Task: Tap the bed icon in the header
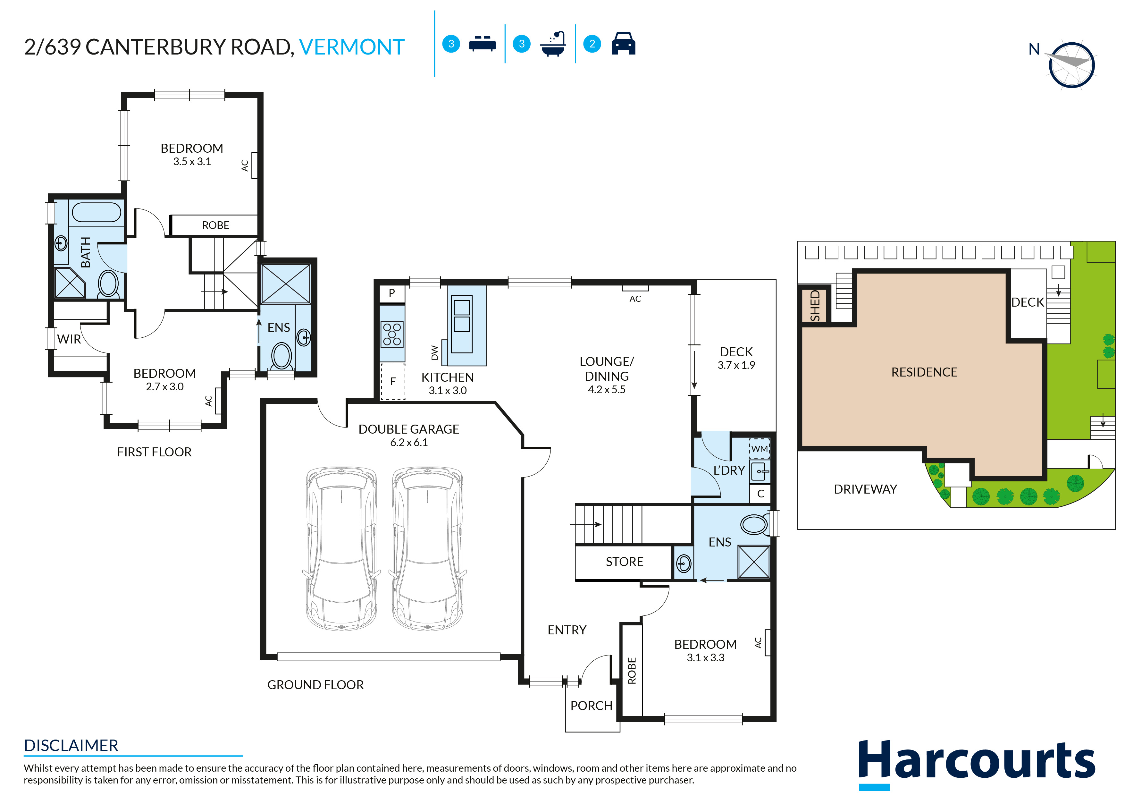point(482,44)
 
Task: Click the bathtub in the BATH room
point(97,213)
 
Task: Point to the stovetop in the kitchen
point(392,334)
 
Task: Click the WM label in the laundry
point(760,448)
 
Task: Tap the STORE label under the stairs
point(624,562)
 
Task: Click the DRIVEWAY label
point(865,489)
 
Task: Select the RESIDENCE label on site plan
point(924,372)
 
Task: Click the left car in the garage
point(341,548)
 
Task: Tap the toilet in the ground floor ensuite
point(755,524)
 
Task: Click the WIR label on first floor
point(69,339)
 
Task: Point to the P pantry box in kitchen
point(392,293)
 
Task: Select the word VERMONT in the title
point(352,47)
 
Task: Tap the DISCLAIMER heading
point(71,746)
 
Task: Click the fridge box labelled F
point(393,381)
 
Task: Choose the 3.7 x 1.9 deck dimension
point(736,365)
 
